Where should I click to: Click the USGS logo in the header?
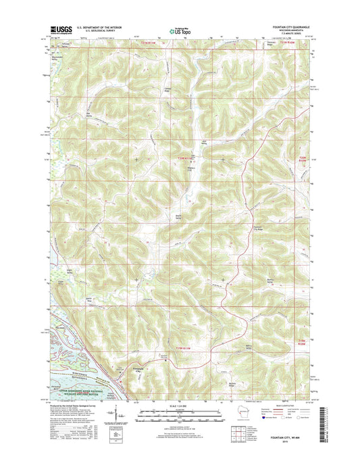point(59,30)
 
